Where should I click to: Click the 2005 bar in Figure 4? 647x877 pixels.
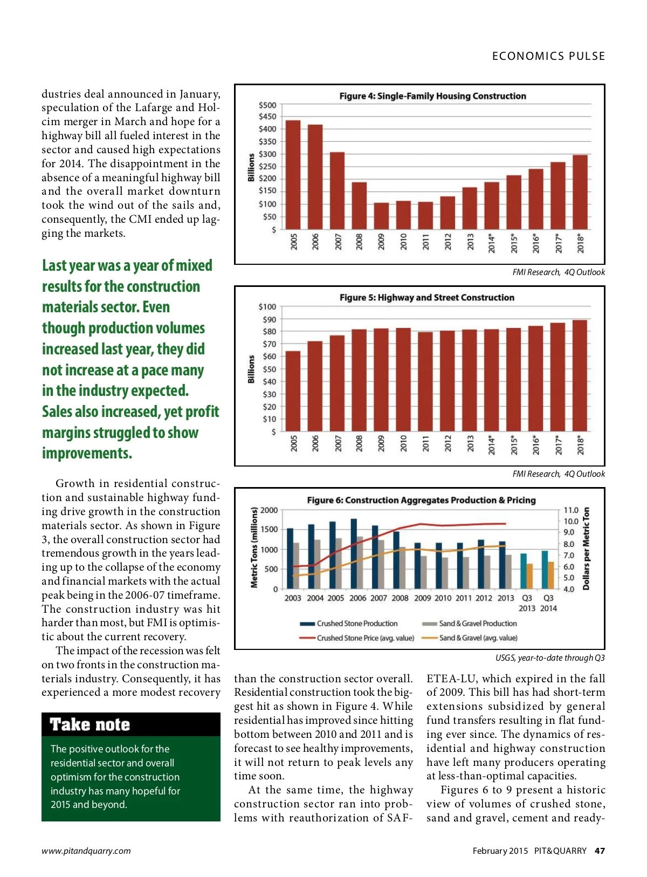(293, 175)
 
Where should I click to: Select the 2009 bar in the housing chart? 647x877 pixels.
(381, 216)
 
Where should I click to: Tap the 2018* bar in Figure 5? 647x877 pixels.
(580, 375)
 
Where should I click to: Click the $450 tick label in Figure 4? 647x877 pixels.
(267, 117)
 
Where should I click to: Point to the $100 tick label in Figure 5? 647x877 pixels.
(267, 307)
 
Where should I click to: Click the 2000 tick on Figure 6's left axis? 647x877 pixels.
(269, 510)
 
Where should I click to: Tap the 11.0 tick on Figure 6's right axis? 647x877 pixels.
(570, 510)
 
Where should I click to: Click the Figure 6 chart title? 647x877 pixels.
(421, 500)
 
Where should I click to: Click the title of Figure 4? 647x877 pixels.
(432, 96)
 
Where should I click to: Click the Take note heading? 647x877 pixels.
(90, 724)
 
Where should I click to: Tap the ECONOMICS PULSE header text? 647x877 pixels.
(548, 56)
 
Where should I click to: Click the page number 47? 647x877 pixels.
(600, 851)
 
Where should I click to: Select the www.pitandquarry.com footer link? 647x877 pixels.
(86, 851)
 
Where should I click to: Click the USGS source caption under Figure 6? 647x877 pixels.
(550, 657)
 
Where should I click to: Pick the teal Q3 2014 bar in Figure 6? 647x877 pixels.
(545, 570)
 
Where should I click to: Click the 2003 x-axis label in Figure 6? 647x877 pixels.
(293, 598)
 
